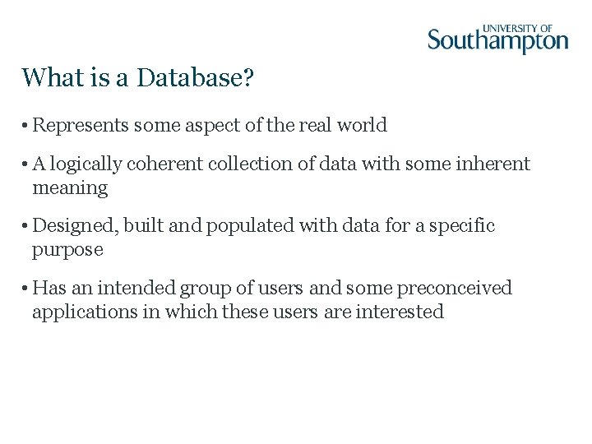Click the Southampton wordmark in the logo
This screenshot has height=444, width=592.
click(x=497, y=41)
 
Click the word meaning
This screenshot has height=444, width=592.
click(x=70, y=188)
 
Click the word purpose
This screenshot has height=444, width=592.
click(x=67, y=250)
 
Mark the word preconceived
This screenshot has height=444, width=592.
click(x=454, y=289)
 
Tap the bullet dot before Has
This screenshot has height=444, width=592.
click(x=26, y=289)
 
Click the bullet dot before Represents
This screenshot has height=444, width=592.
click(x=26, y=126)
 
